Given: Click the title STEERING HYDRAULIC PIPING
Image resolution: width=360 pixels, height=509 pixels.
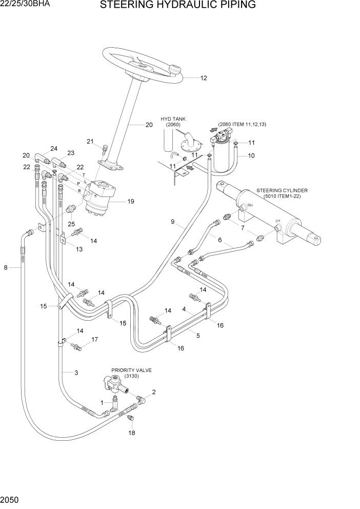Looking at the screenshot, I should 178,6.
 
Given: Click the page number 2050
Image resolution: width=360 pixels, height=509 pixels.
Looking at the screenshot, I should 10,499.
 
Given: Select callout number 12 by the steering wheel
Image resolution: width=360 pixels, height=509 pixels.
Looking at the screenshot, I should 203,79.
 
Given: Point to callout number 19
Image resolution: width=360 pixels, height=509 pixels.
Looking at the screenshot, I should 131,202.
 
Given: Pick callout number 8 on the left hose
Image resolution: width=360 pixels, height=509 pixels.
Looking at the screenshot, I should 6,267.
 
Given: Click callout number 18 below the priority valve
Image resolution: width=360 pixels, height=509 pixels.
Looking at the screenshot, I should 132,433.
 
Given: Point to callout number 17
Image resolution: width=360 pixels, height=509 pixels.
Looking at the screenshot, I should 94,340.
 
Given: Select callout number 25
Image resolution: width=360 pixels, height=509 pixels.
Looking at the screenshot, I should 71,224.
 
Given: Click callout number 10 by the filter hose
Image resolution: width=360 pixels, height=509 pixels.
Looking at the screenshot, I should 251,155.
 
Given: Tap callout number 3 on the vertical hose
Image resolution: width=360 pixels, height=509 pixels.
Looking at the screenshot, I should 76,373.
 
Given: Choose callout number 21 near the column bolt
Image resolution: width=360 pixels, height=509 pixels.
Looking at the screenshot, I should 90,142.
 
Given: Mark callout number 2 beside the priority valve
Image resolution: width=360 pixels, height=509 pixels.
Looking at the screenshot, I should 154,392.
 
